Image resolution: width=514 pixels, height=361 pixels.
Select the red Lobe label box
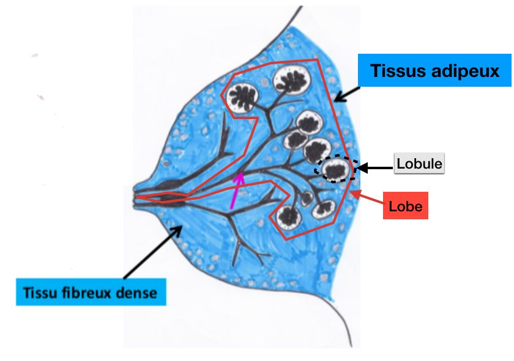coord(406,206)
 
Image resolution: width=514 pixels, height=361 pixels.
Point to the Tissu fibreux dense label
coord(91,292)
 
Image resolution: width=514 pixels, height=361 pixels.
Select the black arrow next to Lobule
coord(375,166)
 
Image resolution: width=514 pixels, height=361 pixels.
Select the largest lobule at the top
coord(291,78)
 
